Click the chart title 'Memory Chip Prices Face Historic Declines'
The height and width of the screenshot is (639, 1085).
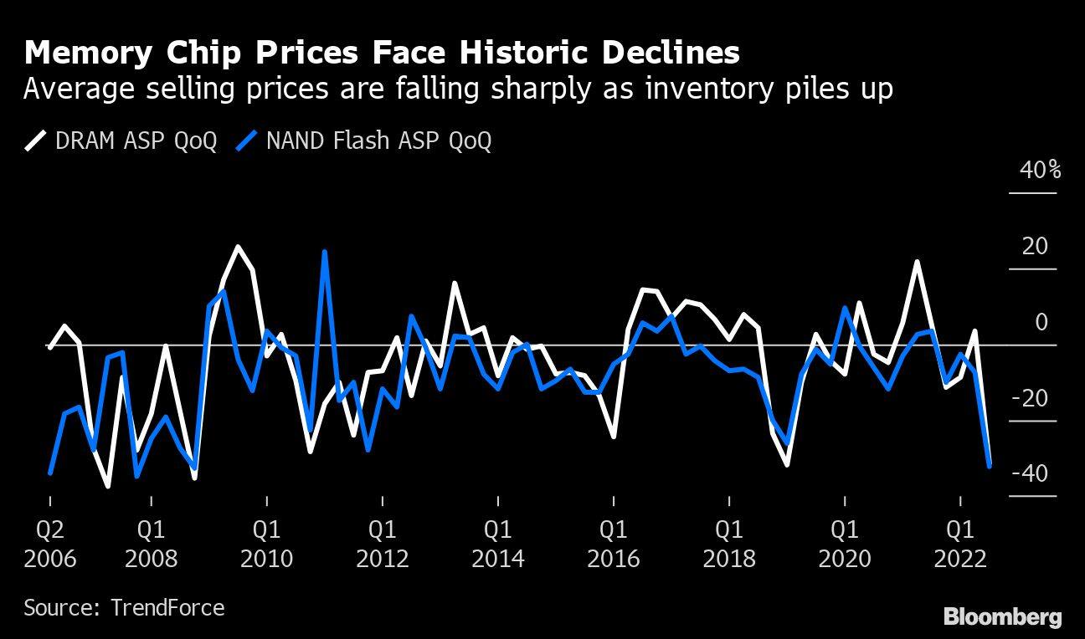pos(382,53)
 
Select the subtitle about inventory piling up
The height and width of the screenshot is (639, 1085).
pos(457,89)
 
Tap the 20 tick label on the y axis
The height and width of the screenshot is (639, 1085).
pos(1035,247)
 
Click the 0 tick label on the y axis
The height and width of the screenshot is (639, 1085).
pos(1041,323)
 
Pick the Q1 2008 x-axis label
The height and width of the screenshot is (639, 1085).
pos(152,544)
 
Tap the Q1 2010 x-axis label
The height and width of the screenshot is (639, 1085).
pos(267,544)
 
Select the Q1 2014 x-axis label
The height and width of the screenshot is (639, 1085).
pos(498,544)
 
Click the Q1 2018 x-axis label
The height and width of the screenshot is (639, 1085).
pos(729,544)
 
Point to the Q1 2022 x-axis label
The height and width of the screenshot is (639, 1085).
pos(960,544)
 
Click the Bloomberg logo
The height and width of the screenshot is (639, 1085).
pos(1002,617)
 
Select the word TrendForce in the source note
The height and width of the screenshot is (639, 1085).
pos(167,607)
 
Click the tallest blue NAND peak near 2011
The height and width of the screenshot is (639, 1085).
pos(324,252)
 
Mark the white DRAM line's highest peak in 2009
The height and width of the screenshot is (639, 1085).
pos(238,247)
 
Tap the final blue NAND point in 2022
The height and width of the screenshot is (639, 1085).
pos(990,466)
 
